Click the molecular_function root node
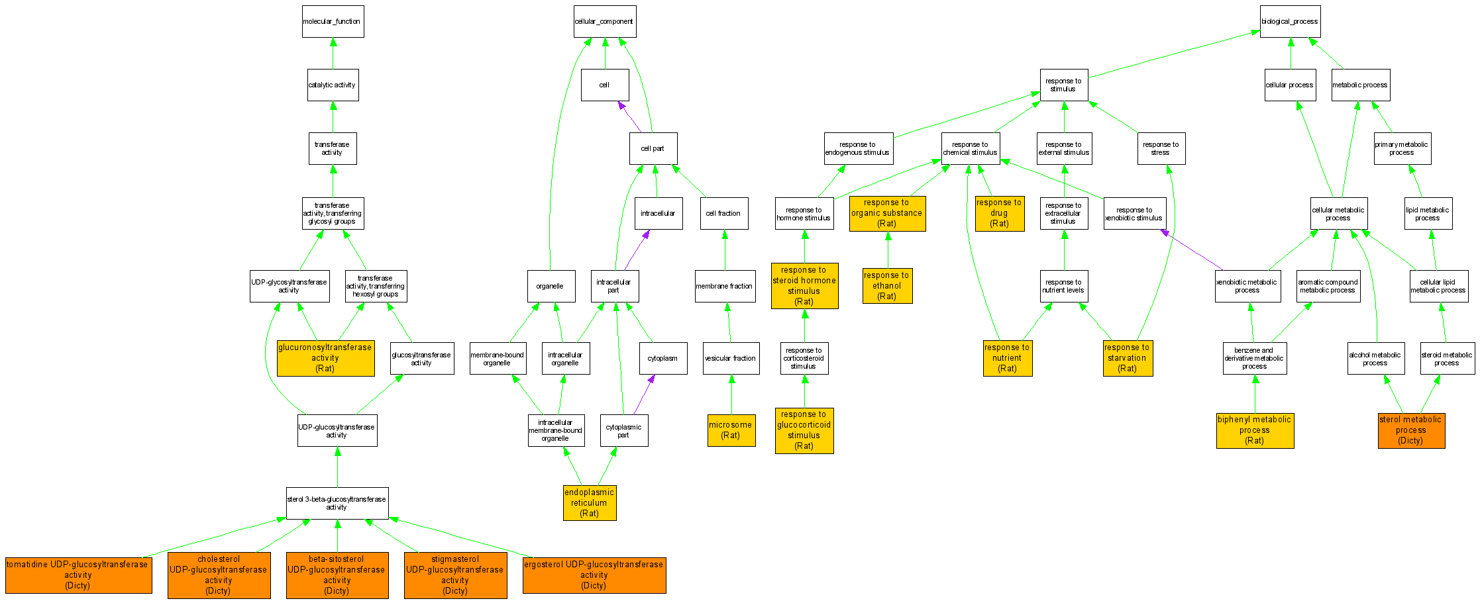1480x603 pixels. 333,22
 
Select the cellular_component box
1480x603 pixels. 604,22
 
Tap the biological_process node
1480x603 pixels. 1290,22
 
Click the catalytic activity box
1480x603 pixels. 333,85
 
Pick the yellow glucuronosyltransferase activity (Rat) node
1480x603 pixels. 325,358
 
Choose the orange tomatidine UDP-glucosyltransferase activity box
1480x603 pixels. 78,575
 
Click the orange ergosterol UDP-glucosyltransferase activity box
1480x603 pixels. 594,575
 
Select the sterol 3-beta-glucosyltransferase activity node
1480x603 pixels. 337,504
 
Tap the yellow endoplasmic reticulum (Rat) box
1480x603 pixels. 589,503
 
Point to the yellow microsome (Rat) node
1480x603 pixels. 731,430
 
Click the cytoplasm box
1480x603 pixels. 662,358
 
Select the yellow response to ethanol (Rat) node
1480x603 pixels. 887,286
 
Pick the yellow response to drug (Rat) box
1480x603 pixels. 999,213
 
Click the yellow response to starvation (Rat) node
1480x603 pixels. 1127,358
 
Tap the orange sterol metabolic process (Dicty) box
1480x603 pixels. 1410,430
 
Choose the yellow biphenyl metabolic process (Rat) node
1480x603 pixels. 1254,430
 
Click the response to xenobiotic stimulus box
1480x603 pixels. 1134,214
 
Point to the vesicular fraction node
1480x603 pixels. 730,358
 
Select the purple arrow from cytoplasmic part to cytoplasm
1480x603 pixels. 643,395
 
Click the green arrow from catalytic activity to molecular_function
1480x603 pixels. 333,54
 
